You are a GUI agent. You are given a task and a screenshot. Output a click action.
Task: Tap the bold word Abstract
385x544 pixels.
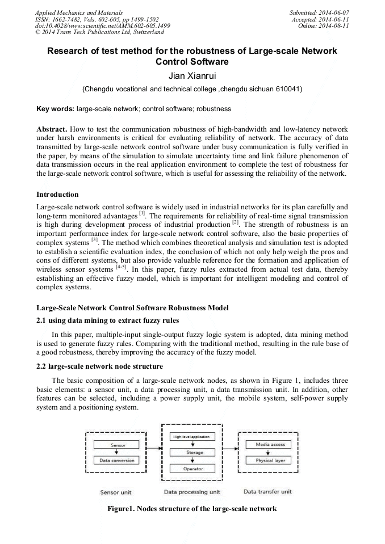pos(52,129)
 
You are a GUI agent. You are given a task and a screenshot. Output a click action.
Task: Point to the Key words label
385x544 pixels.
pos(55,108)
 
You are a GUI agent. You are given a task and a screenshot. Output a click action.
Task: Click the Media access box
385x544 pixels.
pos(270,445)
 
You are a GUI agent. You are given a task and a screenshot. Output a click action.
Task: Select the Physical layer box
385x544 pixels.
pos(270,460)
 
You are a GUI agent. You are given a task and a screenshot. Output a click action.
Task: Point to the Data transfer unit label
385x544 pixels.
pos(267,491)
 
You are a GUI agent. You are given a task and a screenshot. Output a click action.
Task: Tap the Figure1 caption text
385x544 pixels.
pos(192,508)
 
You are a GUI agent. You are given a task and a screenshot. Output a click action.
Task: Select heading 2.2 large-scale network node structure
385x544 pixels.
pos(100,366)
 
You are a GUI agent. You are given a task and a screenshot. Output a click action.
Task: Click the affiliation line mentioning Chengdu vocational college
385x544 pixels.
pos(192,89)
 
